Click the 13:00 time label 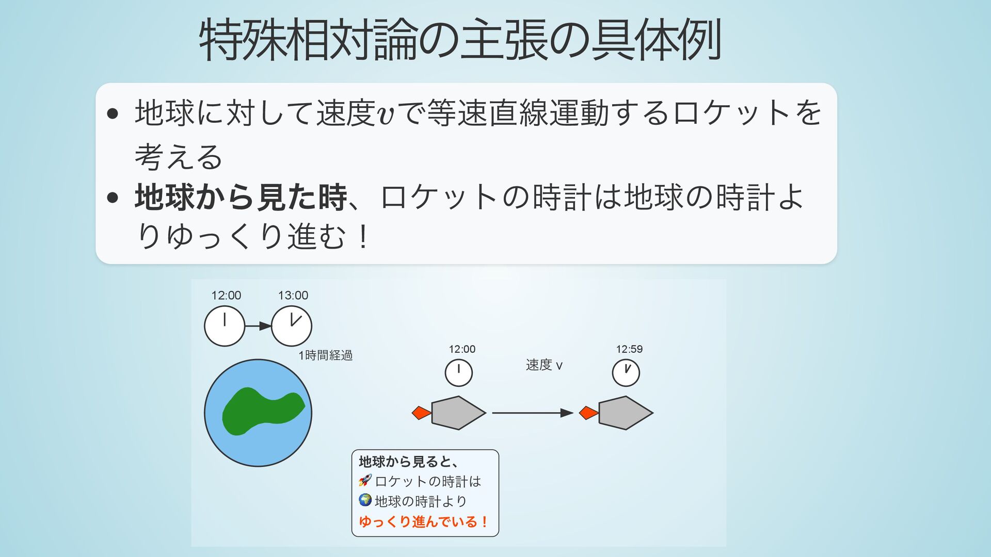click(293, 296)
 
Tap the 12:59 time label click(629, 349)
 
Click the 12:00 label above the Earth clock click(226, 296)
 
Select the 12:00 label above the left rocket click(462, 349)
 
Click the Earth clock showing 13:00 click(292, 326)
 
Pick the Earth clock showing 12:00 click(225, 326)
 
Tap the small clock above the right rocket click(626, 373)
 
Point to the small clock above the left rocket click(458, 373)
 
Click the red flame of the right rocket click(588, 413)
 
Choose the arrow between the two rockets click(532, 413)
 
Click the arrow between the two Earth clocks click(258, 326)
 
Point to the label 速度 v click(544, 365)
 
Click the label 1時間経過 click(325, 355)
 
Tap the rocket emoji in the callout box click(365, 481)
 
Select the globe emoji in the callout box click(365, 500)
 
